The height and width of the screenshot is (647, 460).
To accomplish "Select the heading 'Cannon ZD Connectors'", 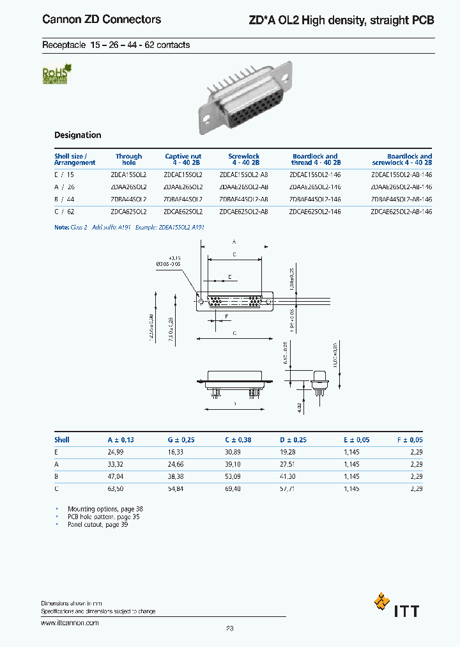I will [x=102, y=20].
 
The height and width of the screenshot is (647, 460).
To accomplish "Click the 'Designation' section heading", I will [x=77, y=135].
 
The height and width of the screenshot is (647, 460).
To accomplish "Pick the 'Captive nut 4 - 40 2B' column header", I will [x=183, y=159].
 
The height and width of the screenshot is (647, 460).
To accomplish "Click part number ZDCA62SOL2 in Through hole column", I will [x=129, y=211].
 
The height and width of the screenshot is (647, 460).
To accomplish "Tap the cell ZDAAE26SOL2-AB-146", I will [x=401, y=187].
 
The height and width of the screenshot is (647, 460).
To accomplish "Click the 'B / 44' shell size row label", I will [x=65, y=199].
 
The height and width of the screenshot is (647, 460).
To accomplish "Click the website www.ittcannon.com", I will [x=70, y=622].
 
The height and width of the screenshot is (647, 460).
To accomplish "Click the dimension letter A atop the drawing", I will [x=234, y=242].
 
